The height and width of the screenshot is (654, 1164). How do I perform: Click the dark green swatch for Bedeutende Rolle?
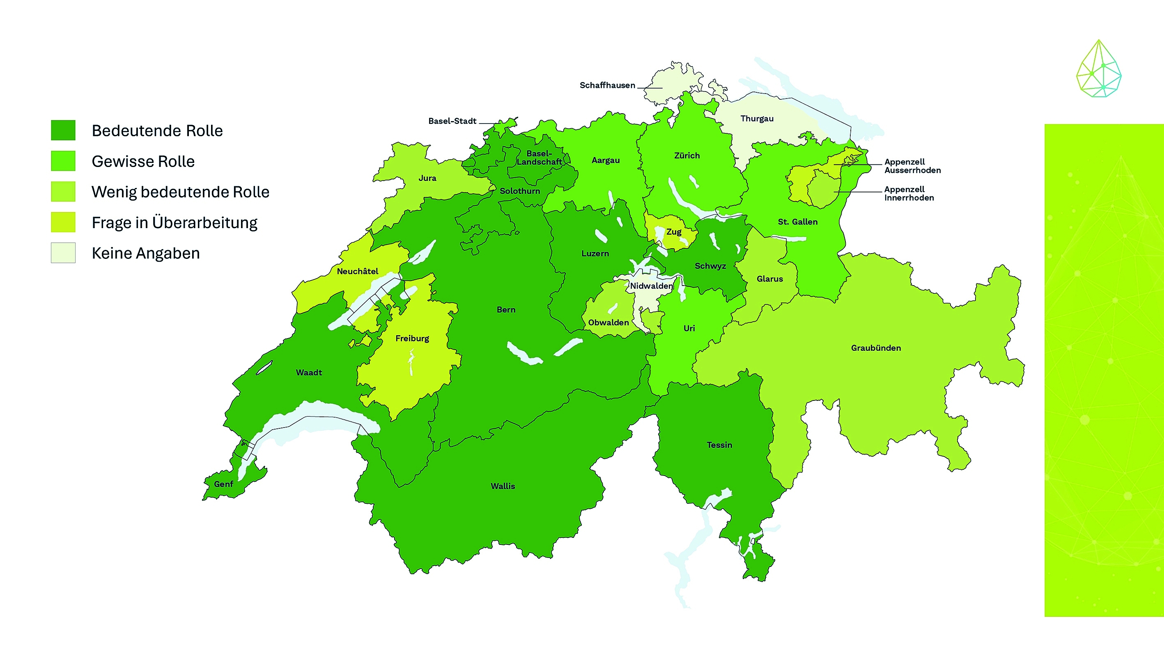pos(63,130)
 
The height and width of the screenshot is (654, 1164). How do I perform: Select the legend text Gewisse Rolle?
pos(143,161)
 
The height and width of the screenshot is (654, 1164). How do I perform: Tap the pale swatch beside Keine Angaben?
pos(63,253)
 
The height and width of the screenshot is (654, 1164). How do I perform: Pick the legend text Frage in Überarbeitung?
pos(174,223)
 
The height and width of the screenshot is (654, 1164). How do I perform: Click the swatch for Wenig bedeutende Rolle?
pos(63,192)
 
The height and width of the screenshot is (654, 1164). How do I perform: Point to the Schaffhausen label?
pos(607,85)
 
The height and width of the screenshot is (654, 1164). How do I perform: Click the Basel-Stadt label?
pos(452,121)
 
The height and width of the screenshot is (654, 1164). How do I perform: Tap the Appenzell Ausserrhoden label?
pos(912,166)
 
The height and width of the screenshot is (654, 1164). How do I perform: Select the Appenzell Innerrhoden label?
pos(908,193)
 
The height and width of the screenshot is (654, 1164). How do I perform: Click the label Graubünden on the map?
pos(876,348)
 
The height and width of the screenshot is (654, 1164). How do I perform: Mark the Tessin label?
pos(719,445)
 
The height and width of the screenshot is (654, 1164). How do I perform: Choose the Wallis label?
pos(503,486)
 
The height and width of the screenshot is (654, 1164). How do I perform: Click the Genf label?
pos(223,484)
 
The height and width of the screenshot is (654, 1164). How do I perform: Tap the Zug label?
pos(673,232)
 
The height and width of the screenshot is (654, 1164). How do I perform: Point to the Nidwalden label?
pos(651,286)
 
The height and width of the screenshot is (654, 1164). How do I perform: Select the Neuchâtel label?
pos(358,271)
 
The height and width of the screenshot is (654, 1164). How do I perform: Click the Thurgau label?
pos(756,119)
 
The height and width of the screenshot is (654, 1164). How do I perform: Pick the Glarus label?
pos(769,279)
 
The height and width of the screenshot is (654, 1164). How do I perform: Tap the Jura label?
pos(427,178)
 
